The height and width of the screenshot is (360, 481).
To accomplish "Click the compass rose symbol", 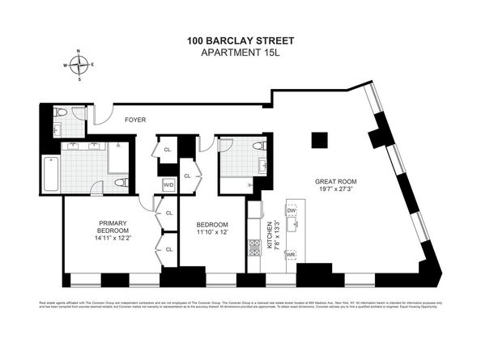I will tap(79, 64).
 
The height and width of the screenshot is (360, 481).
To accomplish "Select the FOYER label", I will tap(134, 120).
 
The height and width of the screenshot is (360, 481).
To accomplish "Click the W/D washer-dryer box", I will tap(168, 185).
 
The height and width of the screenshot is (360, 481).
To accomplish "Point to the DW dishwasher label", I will tap(292, 210).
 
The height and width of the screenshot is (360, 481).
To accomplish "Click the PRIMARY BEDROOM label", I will tap(109, 228).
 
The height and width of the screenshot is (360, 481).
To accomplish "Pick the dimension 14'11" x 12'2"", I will tap(109, 239).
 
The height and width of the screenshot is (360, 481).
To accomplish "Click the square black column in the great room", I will tap(320, 140).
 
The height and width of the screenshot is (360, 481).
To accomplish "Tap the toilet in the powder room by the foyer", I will tap(61, 112).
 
